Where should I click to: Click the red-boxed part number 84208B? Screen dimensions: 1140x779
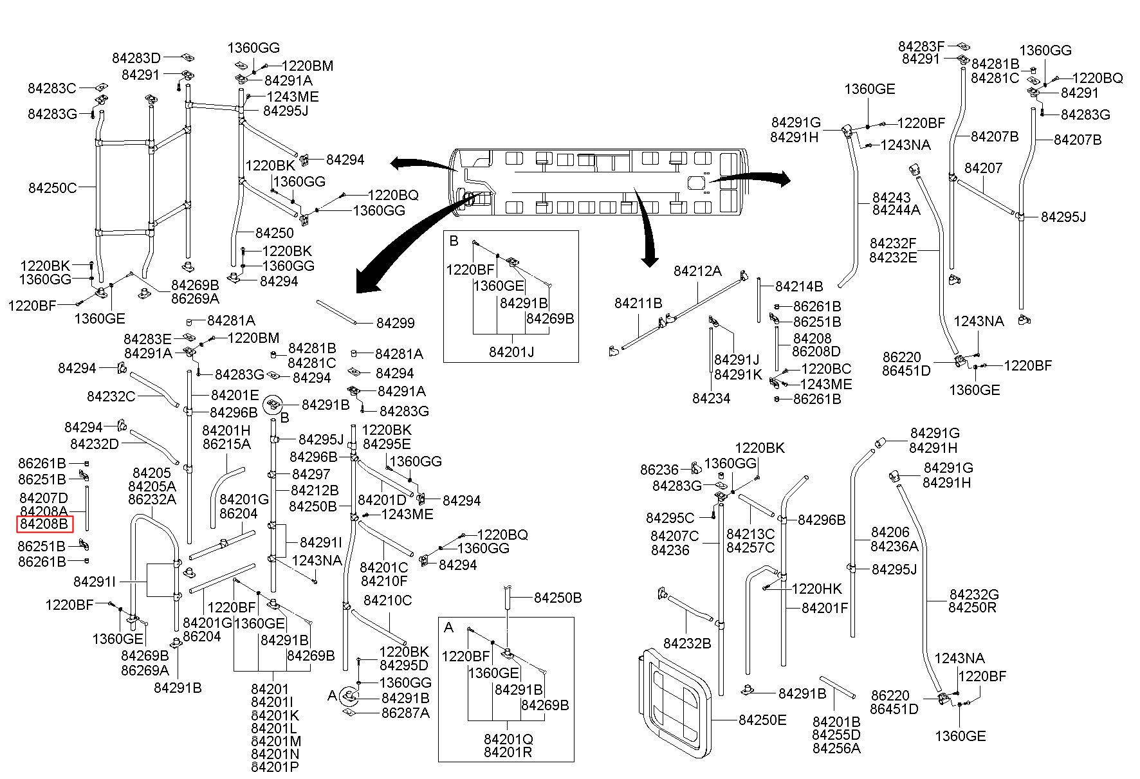coord(44,524)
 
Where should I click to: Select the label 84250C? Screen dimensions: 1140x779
coord(52,188)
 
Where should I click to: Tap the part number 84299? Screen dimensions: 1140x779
coord(395,323)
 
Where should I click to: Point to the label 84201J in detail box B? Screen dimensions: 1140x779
coord(511,352)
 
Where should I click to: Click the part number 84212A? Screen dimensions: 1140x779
coord(697,271)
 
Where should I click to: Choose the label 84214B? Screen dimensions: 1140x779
coord(799,286)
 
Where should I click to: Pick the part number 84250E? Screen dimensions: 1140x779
coord(762,720)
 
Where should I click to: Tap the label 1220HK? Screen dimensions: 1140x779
coord(816,589)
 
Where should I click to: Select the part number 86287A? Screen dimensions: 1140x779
coord(405,713)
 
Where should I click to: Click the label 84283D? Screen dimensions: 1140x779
coord(136,57)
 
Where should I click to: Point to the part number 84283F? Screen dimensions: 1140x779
coord(921,46)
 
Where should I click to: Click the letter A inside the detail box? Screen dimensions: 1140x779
coord(449,627)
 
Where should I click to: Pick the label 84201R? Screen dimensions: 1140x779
coord(508,751)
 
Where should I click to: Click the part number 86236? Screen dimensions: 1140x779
coord(659,470)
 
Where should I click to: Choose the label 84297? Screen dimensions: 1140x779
coord(311,474)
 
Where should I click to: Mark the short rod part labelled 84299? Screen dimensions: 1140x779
coord(336,311)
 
